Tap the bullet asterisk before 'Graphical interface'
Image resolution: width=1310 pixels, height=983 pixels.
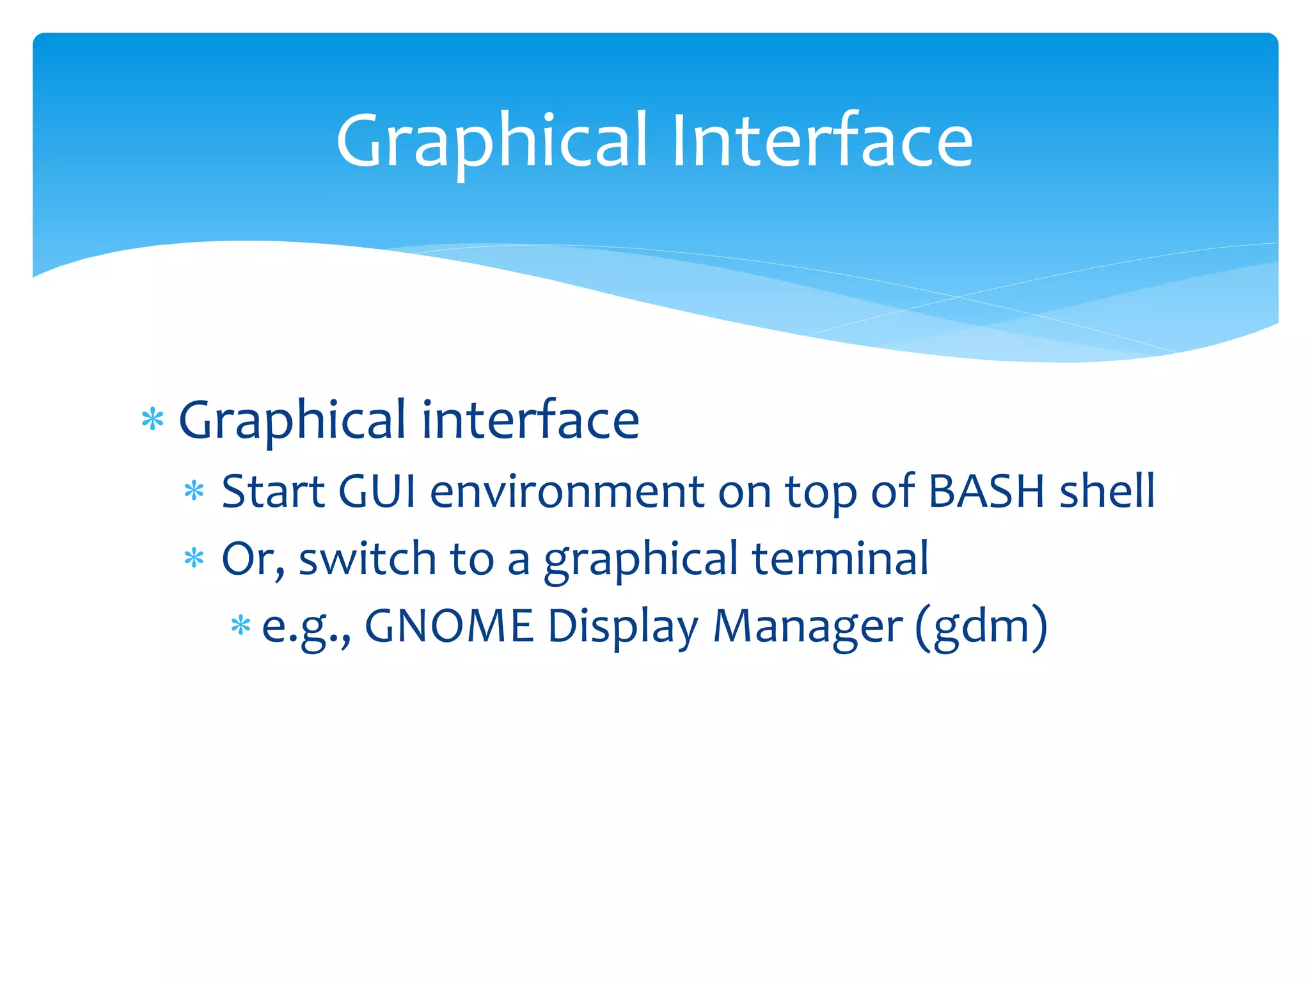(152, 420)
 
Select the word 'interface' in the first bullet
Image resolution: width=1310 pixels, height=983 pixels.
(530, 420)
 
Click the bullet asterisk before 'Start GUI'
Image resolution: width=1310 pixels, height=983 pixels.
(193, 491)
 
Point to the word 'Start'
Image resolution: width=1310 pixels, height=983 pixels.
(273, 491)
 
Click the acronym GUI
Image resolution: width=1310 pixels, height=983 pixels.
(377, 491)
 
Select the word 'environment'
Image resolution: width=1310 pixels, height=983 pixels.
(567, 491)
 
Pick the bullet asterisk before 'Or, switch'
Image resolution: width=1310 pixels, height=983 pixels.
(193, 559)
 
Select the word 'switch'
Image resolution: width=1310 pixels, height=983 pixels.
(367, 559)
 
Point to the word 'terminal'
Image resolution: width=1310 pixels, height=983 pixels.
(840, 559)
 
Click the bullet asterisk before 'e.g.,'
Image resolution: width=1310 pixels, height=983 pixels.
(240, 625)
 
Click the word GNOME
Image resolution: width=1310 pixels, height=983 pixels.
(449, 625)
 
